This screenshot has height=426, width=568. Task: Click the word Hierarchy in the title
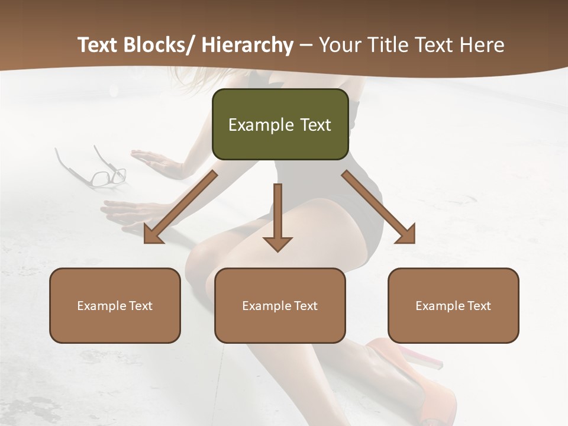(x=247, y=45)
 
